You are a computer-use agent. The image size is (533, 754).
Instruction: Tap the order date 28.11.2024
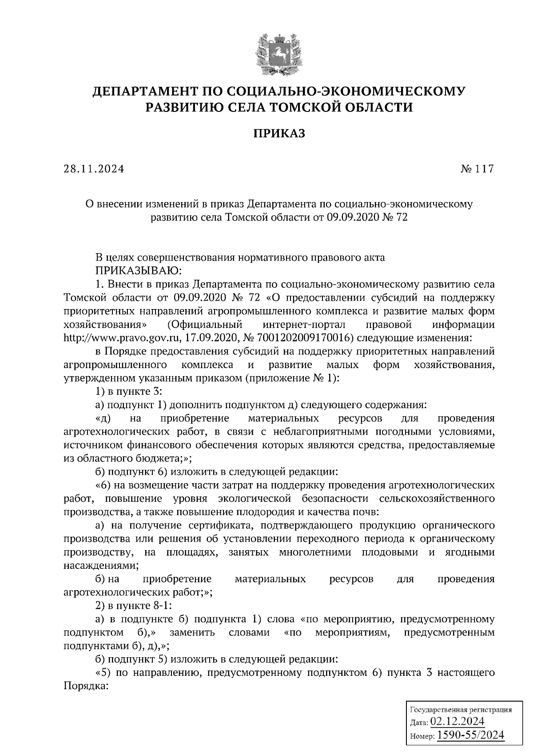tap(94, 169)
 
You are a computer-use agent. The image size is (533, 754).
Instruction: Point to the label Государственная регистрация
tap(460, 710)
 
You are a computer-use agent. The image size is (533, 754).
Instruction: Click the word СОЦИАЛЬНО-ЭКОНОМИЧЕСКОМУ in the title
tap(346, 91)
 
